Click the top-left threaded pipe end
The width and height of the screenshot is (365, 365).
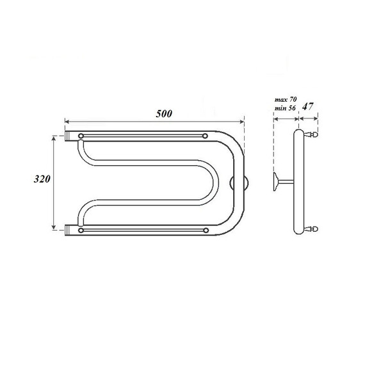click(x=70, y=136)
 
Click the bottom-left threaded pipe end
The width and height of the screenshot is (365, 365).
click(x=70, y=228)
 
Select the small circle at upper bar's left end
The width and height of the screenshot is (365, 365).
click(x=81, y=136)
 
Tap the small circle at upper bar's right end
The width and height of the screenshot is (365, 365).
click(x=204, y=136)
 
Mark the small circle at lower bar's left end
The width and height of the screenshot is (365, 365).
click(x=81, y=229)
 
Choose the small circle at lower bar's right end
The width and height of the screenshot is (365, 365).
click(x=204, y=229)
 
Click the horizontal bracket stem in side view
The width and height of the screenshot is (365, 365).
click(x=286, y=182)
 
